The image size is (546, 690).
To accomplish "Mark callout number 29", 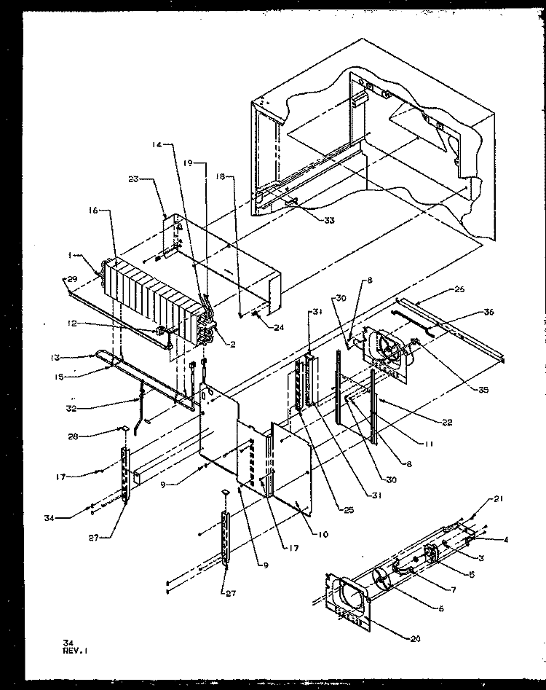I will [x=72, y=280].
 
